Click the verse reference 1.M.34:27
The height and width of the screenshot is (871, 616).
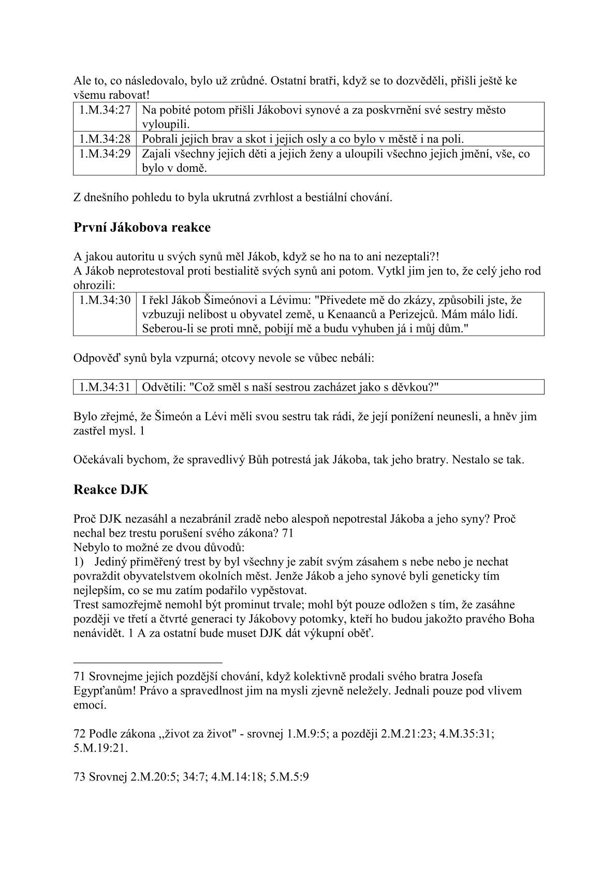click(x=105, y=110)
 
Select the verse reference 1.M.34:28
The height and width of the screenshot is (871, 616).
click(x=105, y=139)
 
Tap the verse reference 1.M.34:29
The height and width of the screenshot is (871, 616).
click(x=105, y=154)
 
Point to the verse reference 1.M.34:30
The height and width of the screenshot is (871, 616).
click(x=105, y=300)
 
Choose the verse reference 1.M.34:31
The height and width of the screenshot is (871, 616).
click(x=105, y=387)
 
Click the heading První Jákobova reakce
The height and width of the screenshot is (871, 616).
click(x=142, y=228)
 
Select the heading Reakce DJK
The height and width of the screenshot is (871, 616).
click(x=111, y=490)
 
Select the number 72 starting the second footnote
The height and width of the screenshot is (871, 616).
click(x=80, y=734)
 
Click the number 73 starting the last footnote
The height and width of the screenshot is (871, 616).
click(x=80, y=777)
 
